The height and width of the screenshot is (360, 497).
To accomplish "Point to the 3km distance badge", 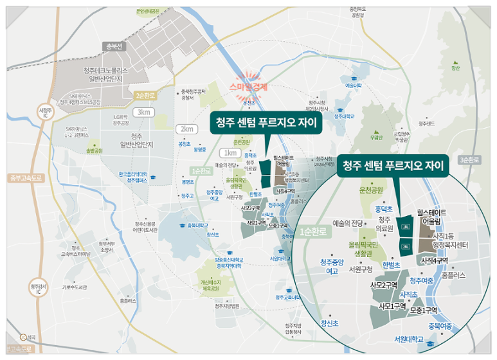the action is click(x=143, y=112).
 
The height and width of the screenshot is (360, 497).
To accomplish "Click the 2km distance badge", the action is click(x=186, y=129).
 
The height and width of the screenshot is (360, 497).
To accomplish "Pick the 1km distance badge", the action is click(x=228, y=153).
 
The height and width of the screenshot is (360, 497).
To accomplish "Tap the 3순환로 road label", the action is click(x=469, y=159).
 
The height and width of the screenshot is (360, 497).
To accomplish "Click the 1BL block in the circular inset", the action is click(x=406, y=226).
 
